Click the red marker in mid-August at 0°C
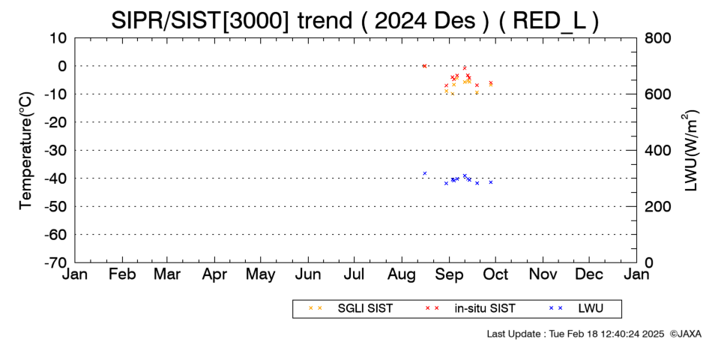click(x=424, y=66)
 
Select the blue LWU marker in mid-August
click(x=425, y=173)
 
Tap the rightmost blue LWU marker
click(x=491, y=182)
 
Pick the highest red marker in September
click(x=465, y=67)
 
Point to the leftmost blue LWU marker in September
click(x=447, y=183)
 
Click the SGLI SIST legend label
click(x=365, y=309)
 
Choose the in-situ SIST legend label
click(x=485, y=309)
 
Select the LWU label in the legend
click(x=591, y=309)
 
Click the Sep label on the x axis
click(x=449, y=274)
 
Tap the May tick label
click(x=261, y=274)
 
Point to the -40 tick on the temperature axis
click(x=56, y=178)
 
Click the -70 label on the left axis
click(x=56, y=262)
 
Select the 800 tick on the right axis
click(x=657, y=38)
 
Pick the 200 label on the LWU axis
click(x=657, y=206)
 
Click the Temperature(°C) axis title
click(x=26, y=151)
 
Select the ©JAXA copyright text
click(x=685, y=334)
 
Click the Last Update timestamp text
click(x=576, y=334)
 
